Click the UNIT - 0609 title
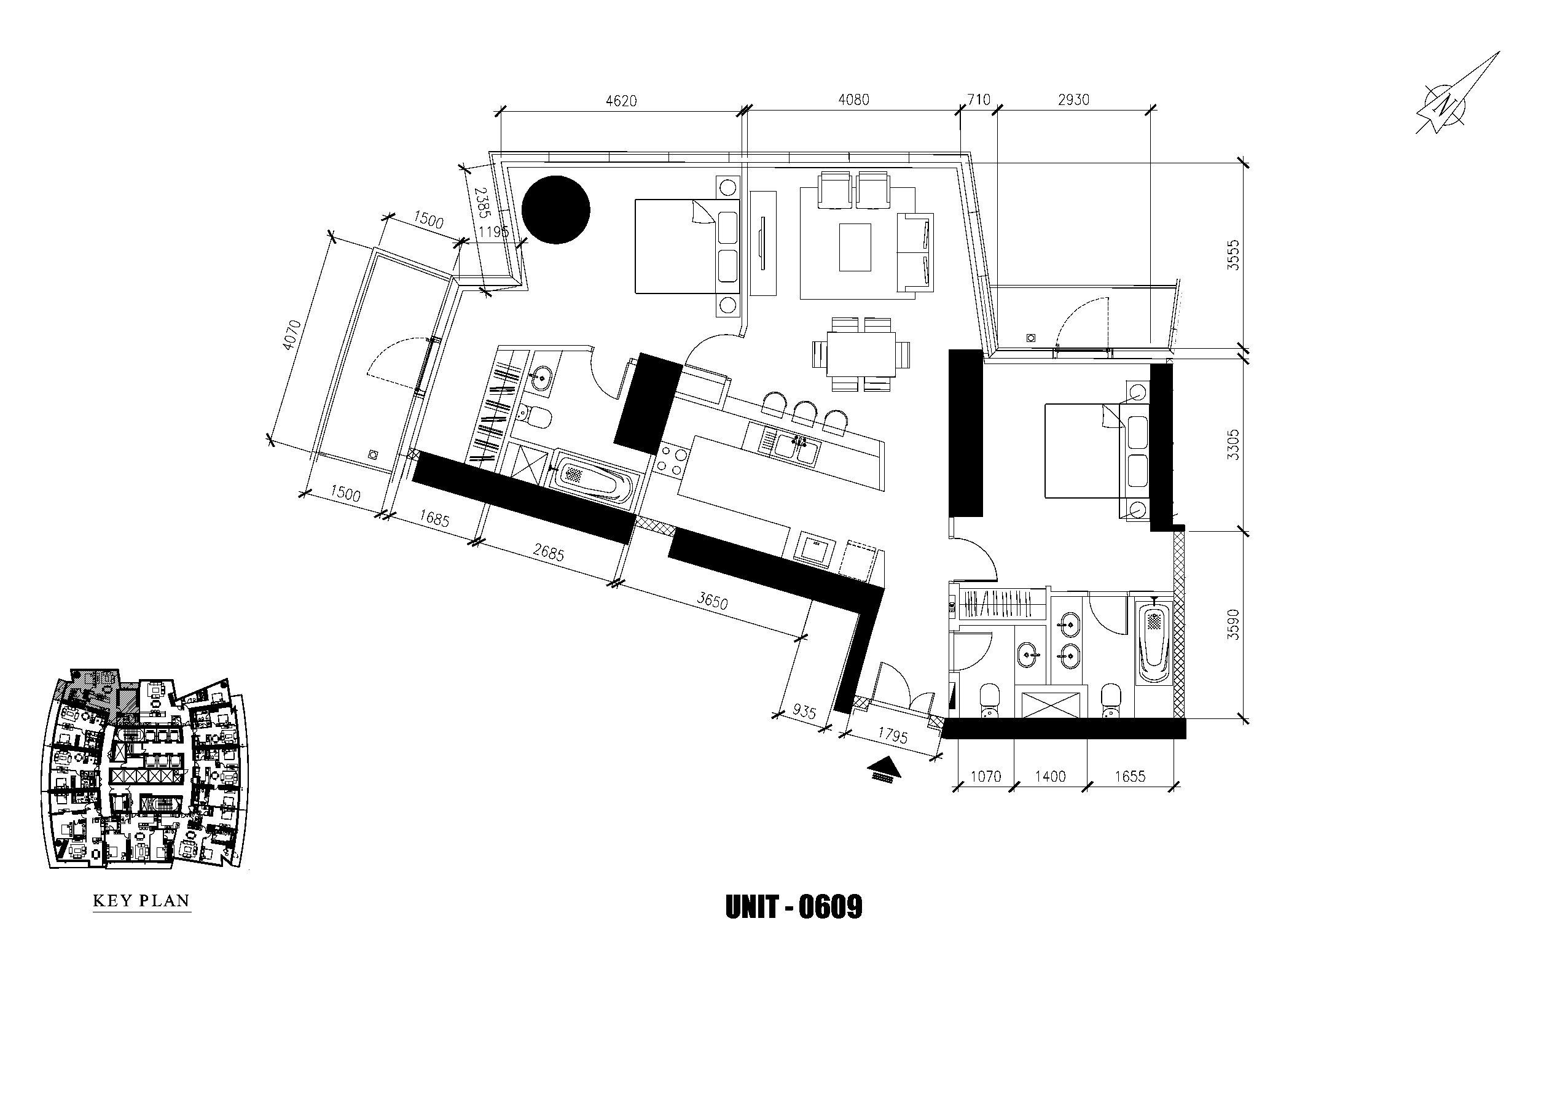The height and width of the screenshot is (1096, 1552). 794,908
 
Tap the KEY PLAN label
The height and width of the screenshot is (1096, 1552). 141,901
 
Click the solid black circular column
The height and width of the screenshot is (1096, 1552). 556,209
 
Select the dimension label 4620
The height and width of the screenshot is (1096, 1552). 621,101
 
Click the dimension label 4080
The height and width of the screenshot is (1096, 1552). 853,100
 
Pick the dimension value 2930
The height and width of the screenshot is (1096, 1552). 1073,100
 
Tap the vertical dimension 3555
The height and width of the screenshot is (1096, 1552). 1234,255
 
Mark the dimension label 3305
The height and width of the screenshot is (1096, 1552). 1234,445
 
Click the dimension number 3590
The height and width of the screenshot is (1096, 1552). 1234,624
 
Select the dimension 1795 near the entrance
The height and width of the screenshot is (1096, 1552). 892,735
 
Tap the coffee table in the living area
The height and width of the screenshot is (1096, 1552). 855,247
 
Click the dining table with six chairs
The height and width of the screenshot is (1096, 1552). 861,354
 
